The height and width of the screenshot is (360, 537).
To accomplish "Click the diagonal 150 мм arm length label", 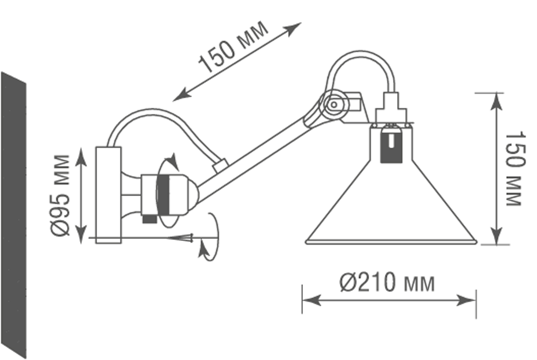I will (x=234, y=47).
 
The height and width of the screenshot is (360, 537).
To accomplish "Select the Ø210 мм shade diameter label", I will (x=388, y=283).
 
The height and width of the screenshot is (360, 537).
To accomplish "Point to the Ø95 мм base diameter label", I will (x=60, y=195).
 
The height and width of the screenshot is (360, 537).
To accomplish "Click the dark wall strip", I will (x=13, y=215).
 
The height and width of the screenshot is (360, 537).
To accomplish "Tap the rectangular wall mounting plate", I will (x=109, y=195).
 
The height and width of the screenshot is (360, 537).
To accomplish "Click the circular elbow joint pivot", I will (x=333, y=105).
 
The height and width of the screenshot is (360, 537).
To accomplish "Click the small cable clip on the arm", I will (x=221, y=166).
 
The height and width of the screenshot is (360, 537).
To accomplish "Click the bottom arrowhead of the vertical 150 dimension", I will (x=496, y=237).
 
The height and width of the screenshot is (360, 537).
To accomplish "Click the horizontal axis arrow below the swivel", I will (x=183, y=238).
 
